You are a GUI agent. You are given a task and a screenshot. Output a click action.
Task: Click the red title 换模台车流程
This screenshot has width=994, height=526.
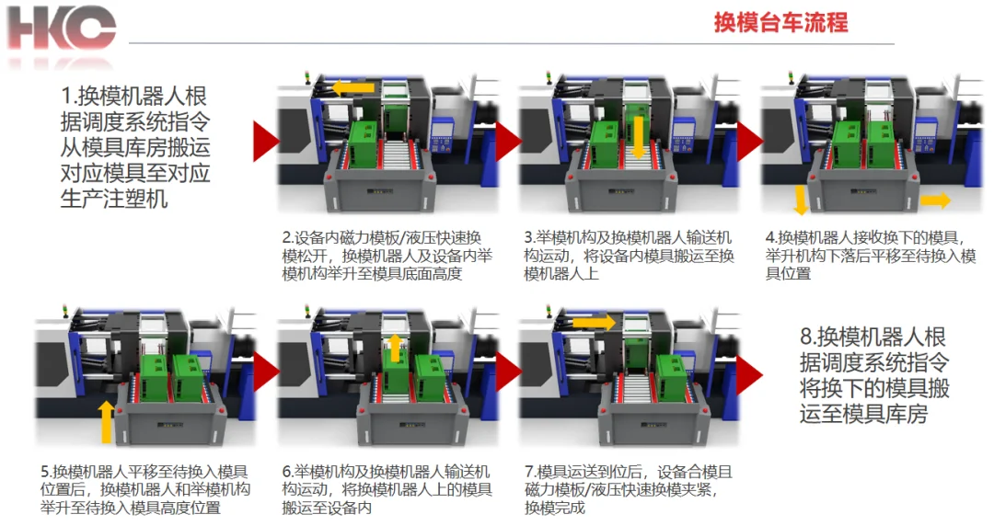tap(780, 22)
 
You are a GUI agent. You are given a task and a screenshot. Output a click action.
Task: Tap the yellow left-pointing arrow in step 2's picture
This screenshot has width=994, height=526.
tap(353, 88)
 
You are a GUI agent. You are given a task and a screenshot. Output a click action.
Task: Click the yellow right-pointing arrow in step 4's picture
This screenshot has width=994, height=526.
tap(935, 200)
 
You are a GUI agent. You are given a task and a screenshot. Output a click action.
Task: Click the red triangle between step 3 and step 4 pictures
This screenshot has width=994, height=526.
tap(749, 142)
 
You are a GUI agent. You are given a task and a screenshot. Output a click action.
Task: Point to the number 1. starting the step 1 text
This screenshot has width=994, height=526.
tap(69, 97)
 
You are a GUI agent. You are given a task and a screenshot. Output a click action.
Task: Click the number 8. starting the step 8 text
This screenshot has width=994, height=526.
tap(808, 337)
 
